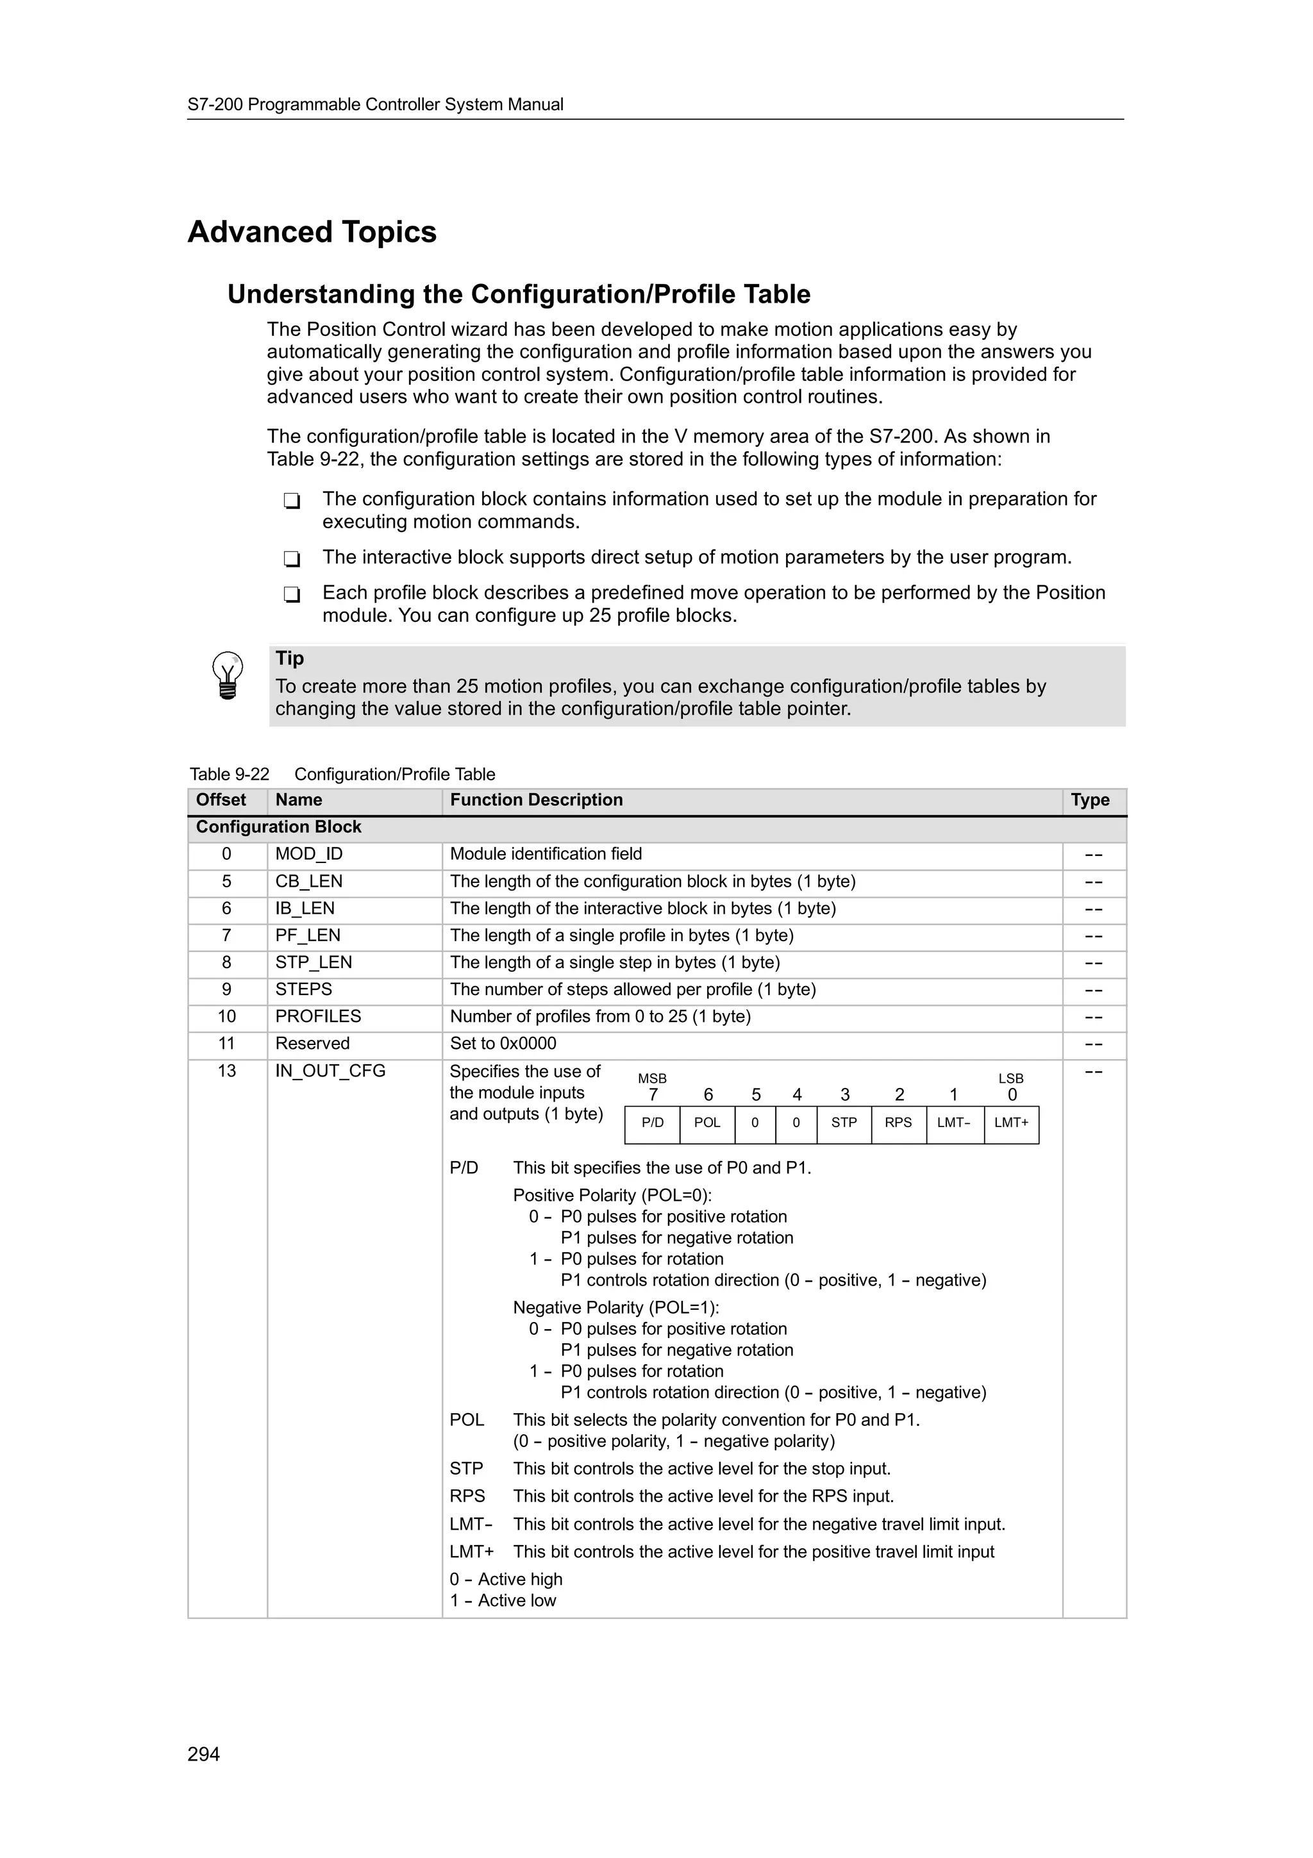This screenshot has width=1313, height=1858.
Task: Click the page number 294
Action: tap(203, 1753)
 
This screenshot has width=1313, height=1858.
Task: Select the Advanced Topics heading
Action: tap(312, 232)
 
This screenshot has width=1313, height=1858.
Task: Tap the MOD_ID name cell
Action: tap(308, 854)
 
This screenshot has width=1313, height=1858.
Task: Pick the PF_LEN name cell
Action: tap(308, 935)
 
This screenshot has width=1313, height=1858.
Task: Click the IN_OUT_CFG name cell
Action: tap(330, 1071)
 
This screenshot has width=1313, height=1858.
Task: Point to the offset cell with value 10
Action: tap(226, 1016)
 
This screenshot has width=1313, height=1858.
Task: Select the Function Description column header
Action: tap(537, 799)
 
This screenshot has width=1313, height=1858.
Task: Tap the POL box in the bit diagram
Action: tap(707, 1123)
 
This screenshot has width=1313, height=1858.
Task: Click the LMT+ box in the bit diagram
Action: tap(1010, 1123)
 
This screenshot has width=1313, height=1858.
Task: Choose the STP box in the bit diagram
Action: tap(843, 1123)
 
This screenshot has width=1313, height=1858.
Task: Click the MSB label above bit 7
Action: tap(652, 1079)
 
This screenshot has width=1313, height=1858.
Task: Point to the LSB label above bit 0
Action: tap(1010, 1079)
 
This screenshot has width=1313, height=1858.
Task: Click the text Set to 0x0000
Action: tap(503, 1043)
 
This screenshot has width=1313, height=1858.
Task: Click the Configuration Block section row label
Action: tap(278, 827)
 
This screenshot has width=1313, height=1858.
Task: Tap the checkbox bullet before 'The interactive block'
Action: tap(292, 558)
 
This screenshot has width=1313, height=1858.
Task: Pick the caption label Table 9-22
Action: tap(229, 774)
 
